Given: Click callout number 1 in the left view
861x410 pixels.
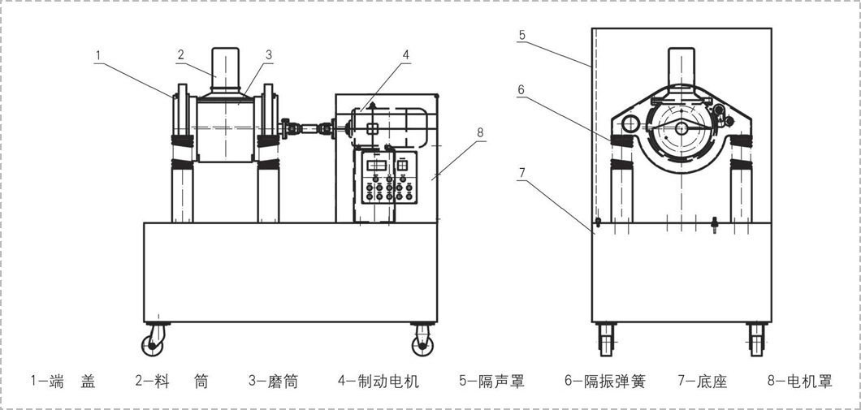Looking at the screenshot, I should [98, 55].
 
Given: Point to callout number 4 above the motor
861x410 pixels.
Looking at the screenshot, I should [405, 54].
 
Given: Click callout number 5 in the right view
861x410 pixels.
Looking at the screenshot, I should [521, 35].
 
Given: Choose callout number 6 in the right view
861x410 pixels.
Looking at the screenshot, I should [521, 90].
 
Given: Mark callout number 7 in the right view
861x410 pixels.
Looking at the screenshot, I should [521, 173].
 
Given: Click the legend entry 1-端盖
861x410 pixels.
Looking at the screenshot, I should [63, 381].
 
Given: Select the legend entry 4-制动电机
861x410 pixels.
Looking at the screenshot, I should [379, 381].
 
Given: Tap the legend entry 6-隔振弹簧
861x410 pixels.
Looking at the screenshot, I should [605, 381].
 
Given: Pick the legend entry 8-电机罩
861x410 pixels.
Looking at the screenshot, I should [799, 381].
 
